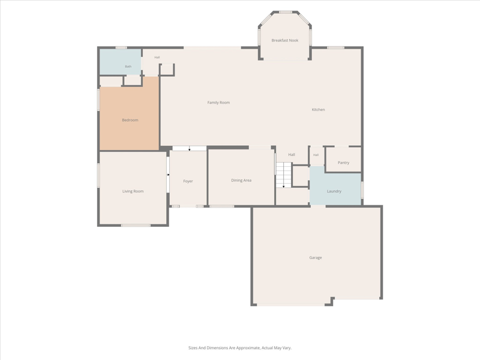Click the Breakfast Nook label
pos(284,40)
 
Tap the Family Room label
pos(218,103)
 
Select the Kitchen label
pos(319,110)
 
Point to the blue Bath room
pos(121,62)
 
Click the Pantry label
pos(343,163)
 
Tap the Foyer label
pos(188,181)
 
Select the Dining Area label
pos(241,181)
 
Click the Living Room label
pos(133,191)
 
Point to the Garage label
pos(316,258)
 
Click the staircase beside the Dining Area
pos(284,175)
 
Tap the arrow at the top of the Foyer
pos(190,149)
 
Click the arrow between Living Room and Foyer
pos(168,175)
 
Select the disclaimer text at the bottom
pos(240,348)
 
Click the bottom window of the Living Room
pos(136,226)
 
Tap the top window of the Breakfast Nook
pos(286,12)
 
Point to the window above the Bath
pos(121,48)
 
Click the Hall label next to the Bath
pos(157,57)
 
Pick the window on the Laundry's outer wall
pos(362,190)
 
